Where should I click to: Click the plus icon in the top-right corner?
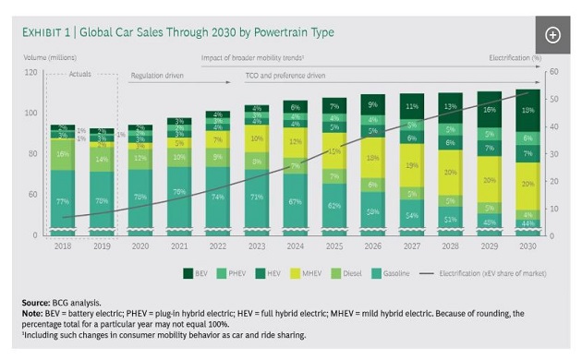click(552, 35)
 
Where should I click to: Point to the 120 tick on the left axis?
click(30, 72)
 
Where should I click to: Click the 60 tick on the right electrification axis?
click(552, 72)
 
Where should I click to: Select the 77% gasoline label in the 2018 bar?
click(63, 200)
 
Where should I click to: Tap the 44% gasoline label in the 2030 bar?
click(527, 224)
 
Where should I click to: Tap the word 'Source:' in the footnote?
click(36, 302)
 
